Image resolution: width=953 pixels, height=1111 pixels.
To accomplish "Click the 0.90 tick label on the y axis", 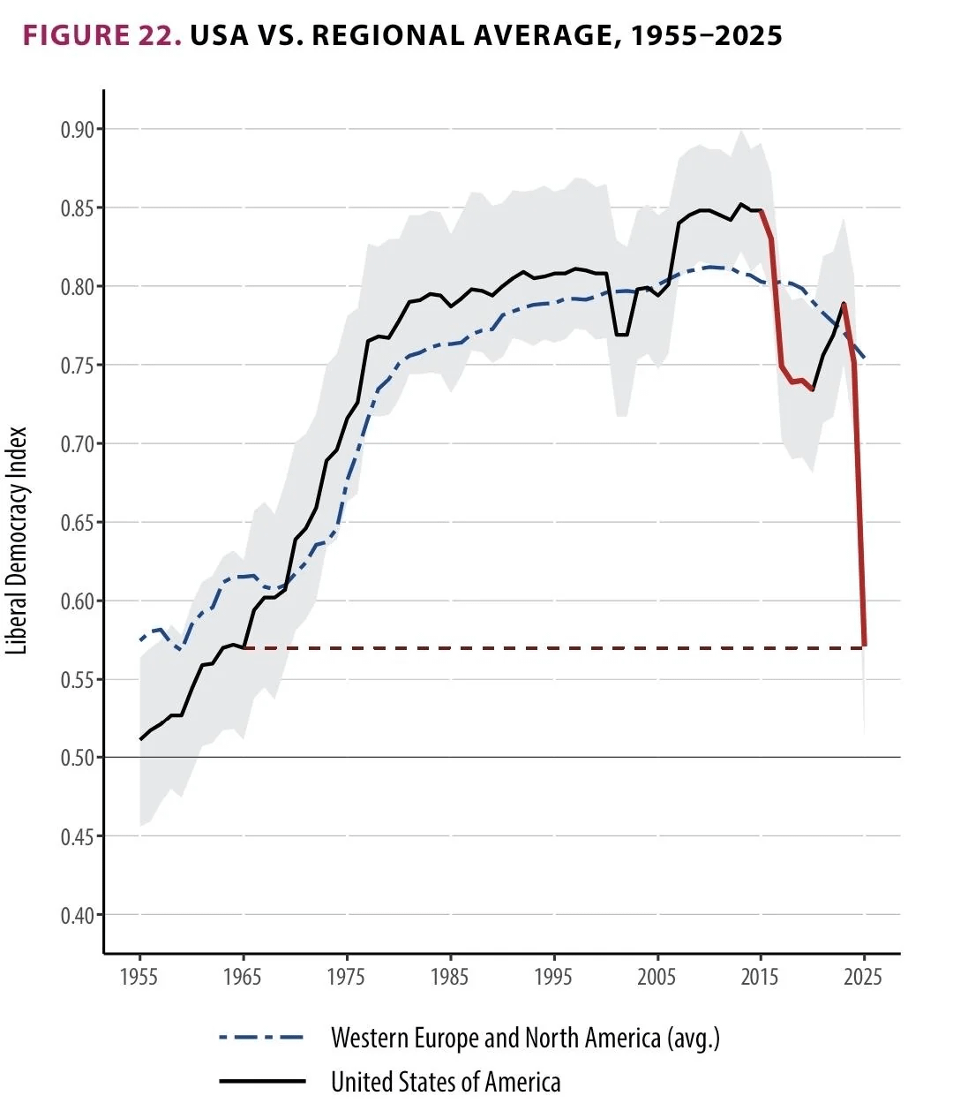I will (x=77, y=130).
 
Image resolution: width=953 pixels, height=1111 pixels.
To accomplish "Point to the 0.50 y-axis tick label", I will (x=77, y=758).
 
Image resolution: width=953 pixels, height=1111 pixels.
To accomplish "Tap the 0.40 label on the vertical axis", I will (x=77, y=915).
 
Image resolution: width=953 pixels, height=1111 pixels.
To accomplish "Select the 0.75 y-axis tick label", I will (x=77, y=366).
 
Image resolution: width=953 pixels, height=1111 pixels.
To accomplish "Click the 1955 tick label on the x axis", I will (x=139, y=977).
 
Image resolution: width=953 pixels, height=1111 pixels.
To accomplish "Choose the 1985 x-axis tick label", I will (x=450, y=977).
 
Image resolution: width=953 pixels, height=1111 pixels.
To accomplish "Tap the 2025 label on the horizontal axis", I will (x=864, y=977).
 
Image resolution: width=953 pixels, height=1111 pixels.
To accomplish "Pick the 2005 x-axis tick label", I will (x=657, y=977).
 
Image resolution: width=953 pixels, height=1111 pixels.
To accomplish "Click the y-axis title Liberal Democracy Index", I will (x=19, y=540).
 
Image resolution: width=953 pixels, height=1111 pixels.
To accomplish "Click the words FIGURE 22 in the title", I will (x=101, y=35).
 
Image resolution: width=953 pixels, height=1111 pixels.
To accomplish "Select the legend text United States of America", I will (x=446, y=1082).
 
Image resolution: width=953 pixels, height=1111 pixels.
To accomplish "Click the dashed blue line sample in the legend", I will (x=261, y=1038).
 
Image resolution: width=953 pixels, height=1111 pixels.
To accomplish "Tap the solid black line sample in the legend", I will (x=261, y=1081).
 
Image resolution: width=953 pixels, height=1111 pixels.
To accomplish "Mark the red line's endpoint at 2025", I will (x=865, y=646).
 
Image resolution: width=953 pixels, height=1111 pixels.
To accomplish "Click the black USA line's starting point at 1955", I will (x=140, y=739).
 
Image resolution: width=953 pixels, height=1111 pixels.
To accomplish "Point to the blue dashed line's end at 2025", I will (x=865, y=358).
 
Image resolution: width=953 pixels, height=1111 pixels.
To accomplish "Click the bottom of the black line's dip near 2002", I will (x=621, y=335).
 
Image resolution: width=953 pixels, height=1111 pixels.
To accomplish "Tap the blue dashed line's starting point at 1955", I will (x=140, y=639).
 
